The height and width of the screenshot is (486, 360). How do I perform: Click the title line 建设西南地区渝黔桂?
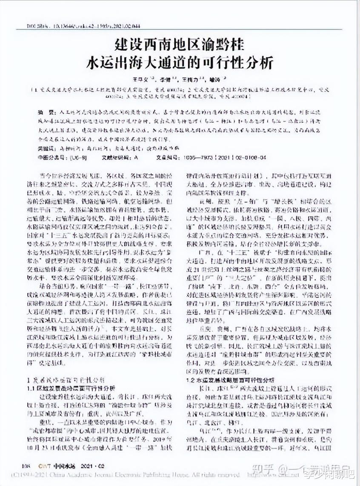click(180, 45)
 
